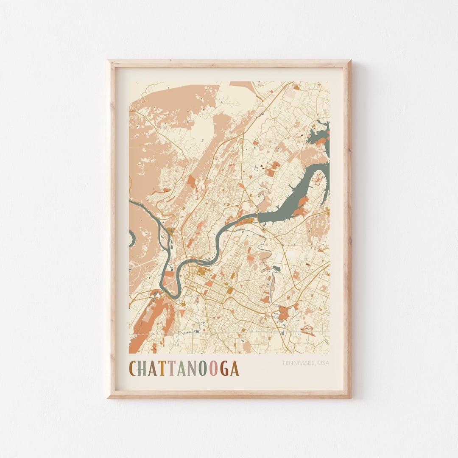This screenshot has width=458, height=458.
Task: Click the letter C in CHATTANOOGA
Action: (x=133, y=369)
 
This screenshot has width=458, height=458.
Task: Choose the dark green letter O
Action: (x=203, y=369)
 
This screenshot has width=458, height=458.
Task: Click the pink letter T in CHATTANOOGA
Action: (x=172, y=369)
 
